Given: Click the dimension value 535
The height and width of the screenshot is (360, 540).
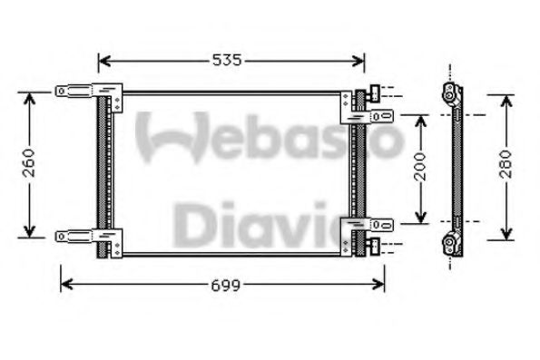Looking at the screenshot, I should click(228, 61).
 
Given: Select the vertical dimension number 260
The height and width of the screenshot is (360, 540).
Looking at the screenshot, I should click(29, 163).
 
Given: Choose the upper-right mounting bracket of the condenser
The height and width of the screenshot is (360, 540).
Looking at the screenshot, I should click(368, 113).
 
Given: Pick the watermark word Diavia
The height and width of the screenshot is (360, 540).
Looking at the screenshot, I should click(272, 220).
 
